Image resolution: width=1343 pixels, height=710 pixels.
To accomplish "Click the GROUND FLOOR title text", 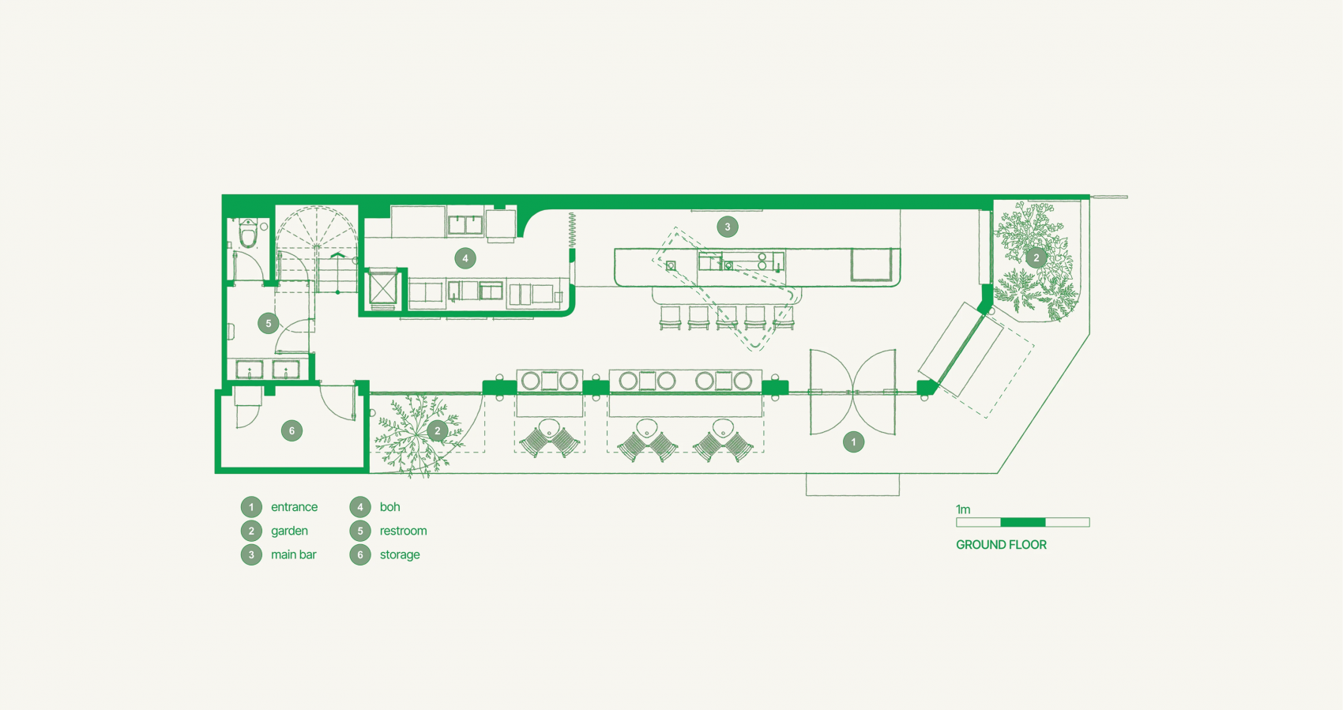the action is tap(1001, 545).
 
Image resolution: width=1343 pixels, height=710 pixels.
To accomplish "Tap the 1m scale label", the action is tap(963, 509).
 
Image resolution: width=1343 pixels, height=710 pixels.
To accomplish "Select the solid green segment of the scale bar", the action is tap(1023, 523).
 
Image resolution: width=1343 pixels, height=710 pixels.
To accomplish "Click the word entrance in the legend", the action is tap(294, 507).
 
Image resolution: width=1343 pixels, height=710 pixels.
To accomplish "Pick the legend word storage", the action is tap(399, 555).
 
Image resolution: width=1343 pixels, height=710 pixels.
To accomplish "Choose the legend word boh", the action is tap(389, 507).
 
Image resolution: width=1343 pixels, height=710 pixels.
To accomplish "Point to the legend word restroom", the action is tap(403, 531).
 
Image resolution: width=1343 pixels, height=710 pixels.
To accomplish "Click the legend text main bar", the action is tap(293, 555).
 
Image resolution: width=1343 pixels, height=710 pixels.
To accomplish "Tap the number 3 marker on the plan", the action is tap(728, 227).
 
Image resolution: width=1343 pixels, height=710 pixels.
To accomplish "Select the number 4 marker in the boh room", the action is tap(465, 258).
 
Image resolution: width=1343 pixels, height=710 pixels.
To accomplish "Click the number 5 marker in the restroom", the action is tap(268, 323).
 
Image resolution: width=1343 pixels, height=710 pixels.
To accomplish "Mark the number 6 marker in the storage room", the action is tap(292, 430).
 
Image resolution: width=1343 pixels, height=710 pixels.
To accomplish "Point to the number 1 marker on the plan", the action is tap(853, 442).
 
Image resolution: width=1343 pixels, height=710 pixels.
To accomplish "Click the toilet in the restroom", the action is tap(247, 233).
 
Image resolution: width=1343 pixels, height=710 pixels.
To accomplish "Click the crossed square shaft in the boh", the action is tap(382, 289).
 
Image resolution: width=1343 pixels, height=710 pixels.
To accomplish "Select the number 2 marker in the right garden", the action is tap(1036, 258).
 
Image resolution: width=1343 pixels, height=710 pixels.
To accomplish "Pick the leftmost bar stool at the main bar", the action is tap(670, 318).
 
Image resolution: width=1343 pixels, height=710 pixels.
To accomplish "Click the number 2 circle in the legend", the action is tap(251, 531).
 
